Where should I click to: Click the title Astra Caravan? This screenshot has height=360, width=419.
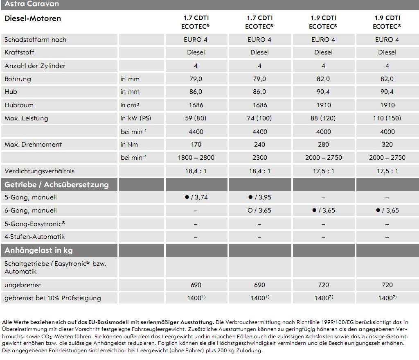tap(32, 4)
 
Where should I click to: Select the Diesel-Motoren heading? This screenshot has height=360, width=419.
tap(33, 18)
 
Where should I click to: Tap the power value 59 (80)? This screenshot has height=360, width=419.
tap(196, 118)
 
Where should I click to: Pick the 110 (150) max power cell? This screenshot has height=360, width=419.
tap(387, 118)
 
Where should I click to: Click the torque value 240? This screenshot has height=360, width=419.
tap(259, 145)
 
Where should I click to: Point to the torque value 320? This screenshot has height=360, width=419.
tap(387, 145)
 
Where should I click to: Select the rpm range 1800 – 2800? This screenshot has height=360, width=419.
tap(196, 158)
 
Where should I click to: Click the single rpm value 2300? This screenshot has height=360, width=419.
tap(259, 158)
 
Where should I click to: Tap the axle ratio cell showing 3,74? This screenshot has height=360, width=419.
tap(196, 197)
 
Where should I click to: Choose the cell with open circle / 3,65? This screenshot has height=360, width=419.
tap(259, 211)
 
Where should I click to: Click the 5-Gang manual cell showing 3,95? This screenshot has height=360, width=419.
tap(259, 197)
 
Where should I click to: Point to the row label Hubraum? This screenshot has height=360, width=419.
tap(19, 105)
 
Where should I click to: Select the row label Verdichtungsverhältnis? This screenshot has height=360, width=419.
tap(39, 171)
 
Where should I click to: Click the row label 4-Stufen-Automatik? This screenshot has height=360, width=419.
tap(34, 237)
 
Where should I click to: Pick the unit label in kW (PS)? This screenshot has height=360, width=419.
tap(135, 118)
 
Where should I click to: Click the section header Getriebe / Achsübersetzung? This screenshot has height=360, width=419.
tap(56, 185)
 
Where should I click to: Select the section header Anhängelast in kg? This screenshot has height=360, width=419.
tap(38, 250)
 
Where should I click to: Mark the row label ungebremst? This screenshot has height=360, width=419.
tap(23, 285)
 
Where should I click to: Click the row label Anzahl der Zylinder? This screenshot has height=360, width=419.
tap(35, 66)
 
